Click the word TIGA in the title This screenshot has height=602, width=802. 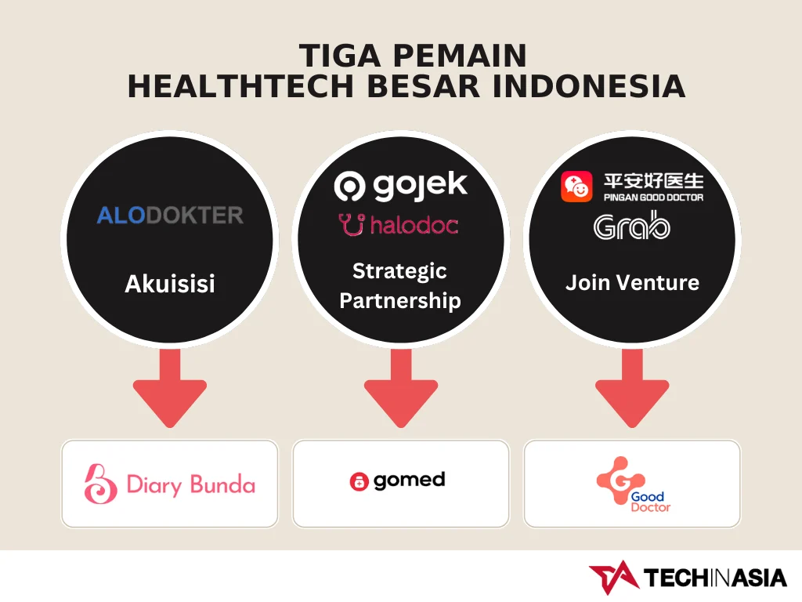[x=340, y=56]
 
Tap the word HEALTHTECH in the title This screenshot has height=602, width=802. [x=240, y=86]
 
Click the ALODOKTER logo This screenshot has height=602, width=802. [x=170, y=215]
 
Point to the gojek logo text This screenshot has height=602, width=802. [x=420, y=185]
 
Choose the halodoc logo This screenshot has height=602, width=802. [x=399, y=225]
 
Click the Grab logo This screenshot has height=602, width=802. [x=632, y=225]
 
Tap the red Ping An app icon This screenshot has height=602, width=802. [x=576, y=187]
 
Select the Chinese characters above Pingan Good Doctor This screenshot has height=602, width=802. [x=654, y=181]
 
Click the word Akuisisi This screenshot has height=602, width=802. [x=170, y=284]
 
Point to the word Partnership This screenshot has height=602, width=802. [x=400, y=301]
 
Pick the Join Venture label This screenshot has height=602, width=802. [x=632, y=282]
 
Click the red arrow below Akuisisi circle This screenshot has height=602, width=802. [x=170, y=389]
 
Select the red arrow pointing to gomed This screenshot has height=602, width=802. [x=401, y=389]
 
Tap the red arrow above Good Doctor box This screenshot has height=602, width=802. [x=632, y=389]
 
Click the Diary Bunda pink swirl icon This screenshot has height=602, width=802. [x=100, y=484]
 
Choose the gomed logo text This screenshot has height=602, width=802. [x=409, y=481]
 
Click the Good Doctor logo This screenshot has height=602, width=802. [x=633, y=484]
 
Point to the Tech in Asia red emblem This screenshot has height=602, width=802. [x=614, y=578]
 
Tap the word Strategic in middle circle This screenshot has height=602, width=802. [x=399, y=271]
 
